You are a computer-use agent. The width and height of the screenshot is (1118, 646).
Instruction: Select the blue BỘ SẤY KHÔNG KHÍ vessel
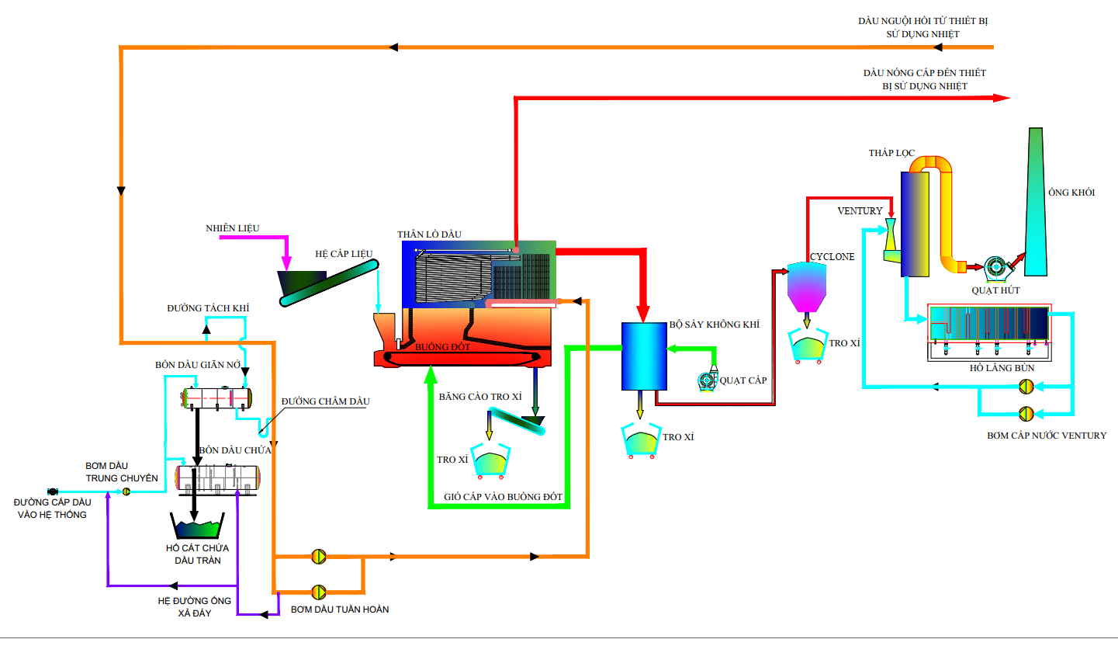click(x=643, y=356)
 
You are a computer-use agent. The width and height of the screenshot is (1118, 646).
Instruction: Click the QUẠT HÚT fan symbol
click(x=995, y=269)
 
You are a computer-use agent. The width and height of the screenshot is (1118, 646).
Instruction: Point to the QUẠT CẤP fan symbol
click(x=707, y=380)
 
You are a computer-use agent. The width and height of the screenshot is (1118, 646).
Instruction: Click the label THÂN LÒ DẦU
click(x=429, y=234)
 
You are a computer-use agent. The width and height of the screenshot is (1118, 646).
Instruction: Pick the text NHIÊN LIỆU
click(x=232, y=228)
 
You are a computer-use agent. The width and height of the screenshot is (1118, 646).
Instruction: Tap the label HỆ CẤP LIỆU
click(x=344, y=254)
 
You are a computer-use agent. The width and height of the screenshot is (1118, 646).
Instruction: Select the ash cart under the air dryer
click(x=643, y=441)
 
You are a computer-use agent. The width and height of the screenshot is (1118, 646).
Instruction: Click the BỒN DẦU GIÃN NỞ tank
click(x=218, y=397)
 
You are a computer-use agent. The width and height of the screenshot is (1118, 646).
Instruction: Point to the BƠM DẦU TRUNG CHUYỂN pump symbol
click(x=126, y=491)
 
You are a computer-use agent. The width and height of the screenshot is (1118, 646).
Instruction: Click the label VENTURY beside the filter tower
click(x=860, y=211)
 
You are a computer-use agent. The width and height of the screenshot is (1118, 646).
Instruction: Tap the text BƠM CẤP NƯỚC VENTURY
click(x=1047, y=436)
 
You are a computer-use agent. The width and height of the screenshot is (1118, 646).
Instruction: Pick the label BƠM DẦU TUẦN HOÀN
click(x=340, y=610)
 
